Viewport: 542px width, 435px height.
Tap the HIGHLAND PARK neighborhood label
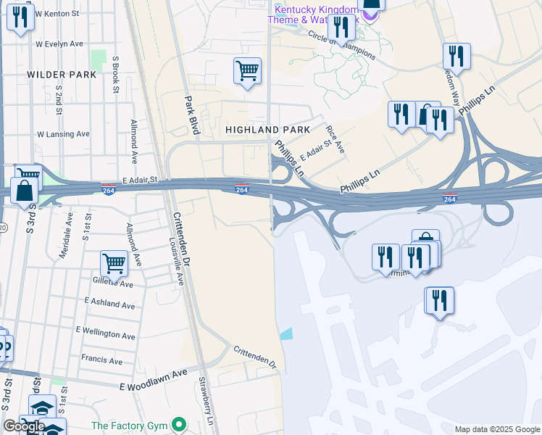tap(267, 130)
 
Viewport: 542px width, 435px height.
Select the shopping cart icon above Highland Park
tap(247, 72)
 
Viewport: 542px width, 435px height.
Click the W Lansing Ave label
tap(63, 134)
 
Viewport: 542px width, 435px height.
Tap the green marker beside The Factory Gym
tap(178, 425)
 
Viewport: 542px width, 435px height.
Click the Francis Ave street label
tap(101, 360)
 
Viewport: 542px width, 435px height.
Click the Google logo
tap(24, 426)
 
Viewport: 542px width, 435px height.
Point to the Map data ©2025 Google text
tap(496, 429)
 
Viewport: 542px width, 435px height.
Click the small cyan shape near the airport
tap(287, 334)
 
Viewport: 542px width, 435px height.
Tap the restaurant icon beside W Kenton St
tap(20, 17)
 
